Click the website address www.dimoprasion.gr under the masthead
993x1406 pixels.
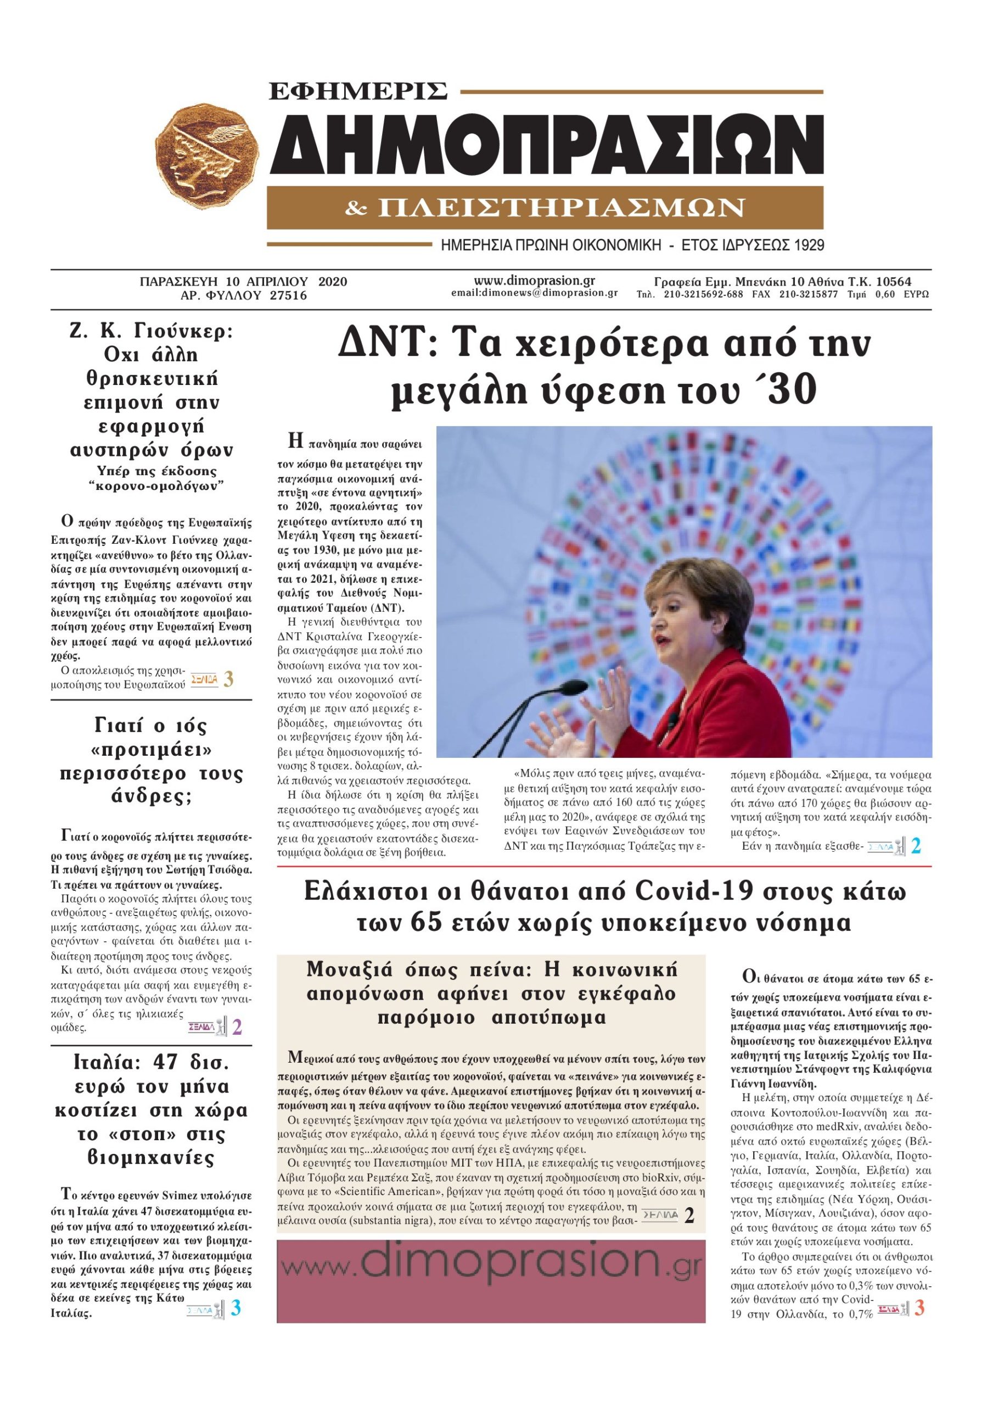(534, 281)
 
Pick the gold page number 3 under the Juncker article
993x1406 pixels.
(228, 678)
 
